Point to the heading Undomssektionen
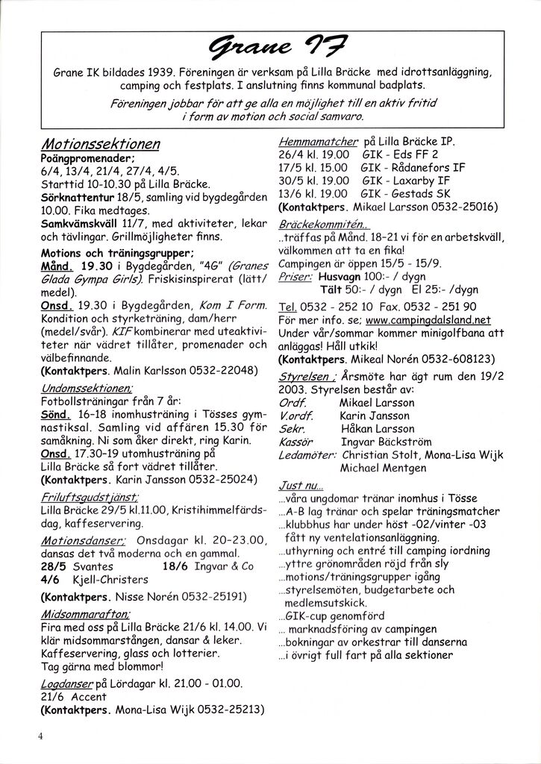click(87, 388)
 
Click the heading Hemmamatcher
click(318, 141)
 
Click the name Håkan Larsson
click(376, 429)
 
